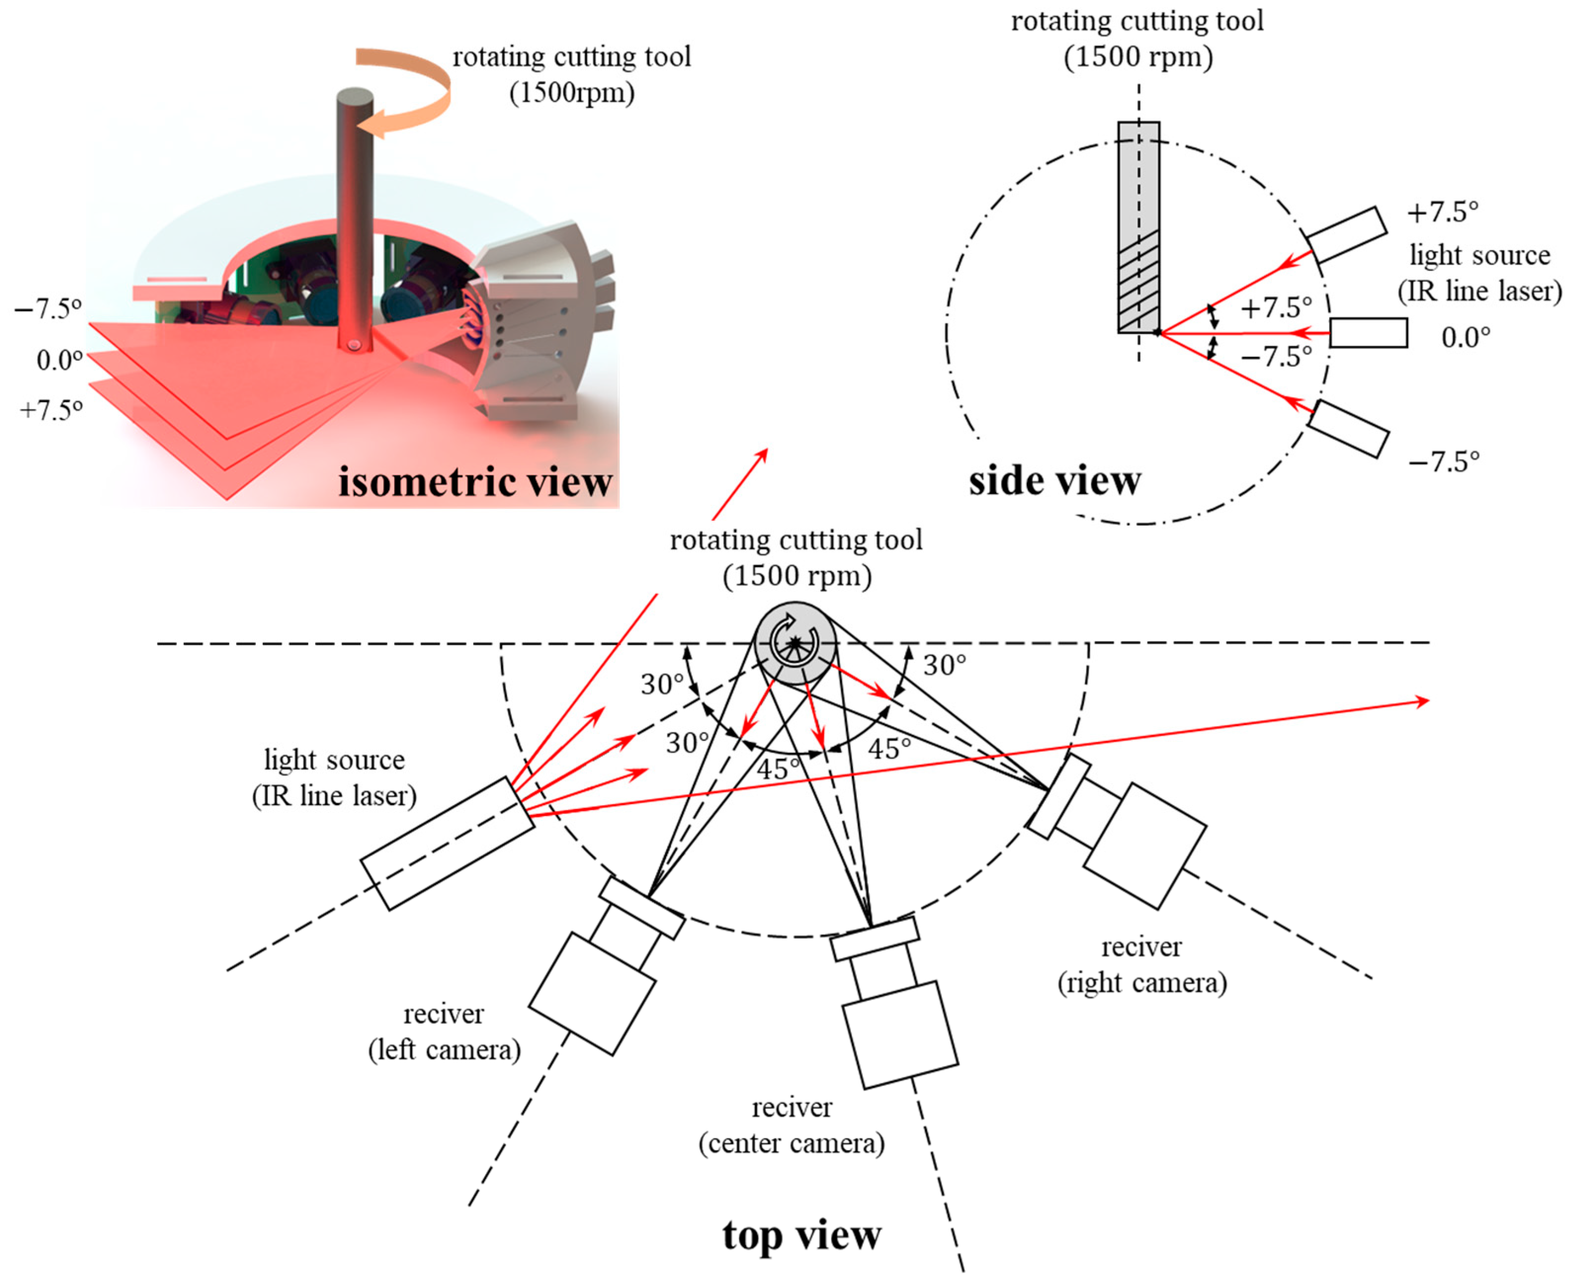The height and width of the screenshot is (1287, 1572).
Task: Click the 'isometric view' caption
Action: (475, 482)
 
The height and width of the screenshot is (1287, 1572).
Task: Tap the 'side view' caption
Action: (1054, 481)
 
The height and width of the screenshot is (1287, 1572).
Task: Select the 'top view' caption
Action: (802, 1235)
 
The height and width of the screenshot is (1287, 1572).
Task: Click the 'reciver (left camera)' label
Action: (444, 1031)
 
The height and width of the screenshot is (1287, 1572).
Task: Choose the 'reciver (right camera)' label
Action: (1141, 965)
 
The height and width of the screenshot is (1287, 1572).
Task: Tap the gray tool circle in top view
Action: (794, 643)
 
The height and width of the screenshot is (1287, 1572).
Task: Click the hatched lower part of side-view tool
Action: (1138, 285)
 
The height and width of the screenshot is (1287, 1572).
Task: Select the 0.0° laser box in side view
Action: (1368, 333)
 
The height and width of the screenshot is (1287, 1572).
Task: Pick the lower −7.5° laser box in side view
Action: (1347, 429)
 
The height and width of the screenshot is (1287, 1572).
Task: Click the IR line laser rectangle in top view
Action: (447, 843)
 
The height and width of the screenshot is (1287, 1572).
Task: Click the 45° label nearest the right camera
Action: (889, 749)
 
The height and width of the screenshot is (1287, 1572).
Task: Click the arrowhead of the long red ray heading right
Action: (1422, 701)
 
